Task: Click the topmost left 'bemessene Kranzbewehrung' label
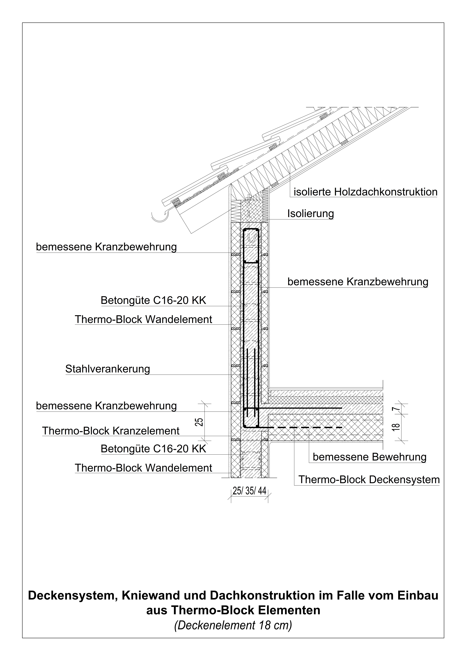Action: (106, 247)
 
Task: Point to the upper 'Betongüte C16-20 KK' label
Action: (153, 300)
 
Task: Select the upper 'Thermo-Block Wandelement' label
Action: (143, 319)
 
